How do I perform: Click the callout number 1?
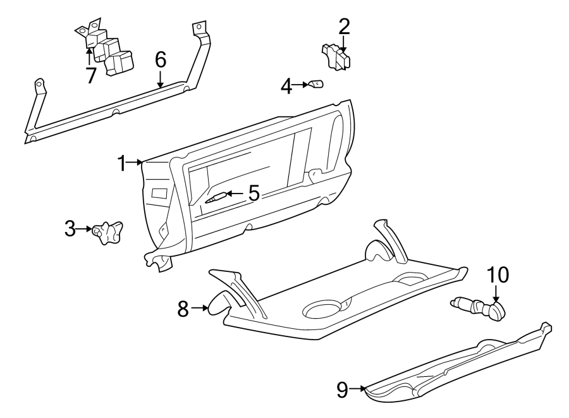pyautogui.click(x=121, y=163)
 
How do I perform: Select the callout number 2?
pyautogui.click(x=344, y=27)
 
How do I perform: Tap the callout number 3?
pyautogui.click(x=70, y=229)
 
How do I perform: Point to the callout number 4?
pyautogui.click(x=286, y=86)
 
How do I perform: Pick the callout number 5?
pyautogui.click(x=254, y=193)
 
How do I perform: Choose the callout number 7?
pyautogui.click(x=91, y=75)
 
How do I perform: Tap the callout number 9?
pyautogui.click(x=342, y=390)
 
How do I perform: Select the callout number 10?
pyautogui.click(x=497, y=276)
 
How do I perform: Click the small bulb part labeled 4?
pyautogui.click(x=315, y=84)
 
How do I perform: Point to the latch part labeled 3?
pyautogui.click(x=107, y=233)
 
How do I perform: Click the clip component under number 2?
pyautogui.click(x=336, y=57)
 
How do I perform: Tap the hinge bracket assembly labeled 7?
pyautogui.click(x=107, y=52)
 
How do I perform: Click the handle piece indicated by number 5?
pyautogui.click(x=214, y=197)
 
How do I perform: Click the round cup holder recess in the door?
pyautogui.click(x=323, y=309)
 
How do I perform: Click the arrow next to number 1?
pyautogui.click(x=136, y=163)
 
